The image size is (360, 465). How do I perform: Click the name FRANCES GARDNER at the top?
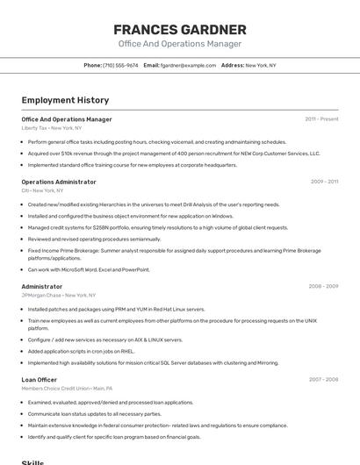click(x=179, y=29)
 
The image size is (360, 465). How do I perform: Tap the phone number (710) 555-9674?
click(x=120, y=65)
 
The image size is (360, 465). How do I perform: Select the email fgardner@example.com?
click(x=188, y=65)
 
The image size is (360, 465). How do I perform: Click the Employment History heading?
click(x=65, y=100)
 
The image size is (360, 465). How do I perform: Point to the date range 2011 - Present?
click(x=321, y=118)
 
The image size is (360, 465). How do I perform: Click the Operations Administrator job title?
click(x=59, y=182)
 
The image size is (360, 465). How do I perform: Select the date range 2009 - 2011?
click(x=324, y=182)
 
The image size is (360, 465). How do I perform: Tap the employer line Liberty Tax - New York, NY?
click(x=52, y=127)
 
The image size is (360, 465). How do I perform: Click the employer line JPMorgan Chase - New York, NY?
click(x=60, y=295)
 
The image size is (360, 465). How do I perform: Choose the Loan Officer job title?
click(x=40, y=379)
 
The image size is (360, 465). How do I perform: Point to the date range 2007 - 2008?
click(x=323, y=379)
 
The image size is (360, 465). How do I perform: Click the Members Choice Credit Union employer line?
click(x=67, y=388)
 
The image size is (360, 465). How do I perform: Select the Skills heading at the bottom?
click(x=32, y=461)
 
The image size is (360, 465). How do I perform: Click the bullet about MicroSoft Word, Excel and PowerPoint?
click(x=89, y=269)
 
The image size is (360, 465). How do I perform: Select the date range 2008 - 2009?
click(x=323, y=286)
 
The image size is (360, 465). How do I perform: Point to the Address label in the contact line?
click(x=232, y=65)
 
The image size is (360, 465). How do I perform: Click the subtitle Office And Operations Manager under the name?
click(x=179, y=44)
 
